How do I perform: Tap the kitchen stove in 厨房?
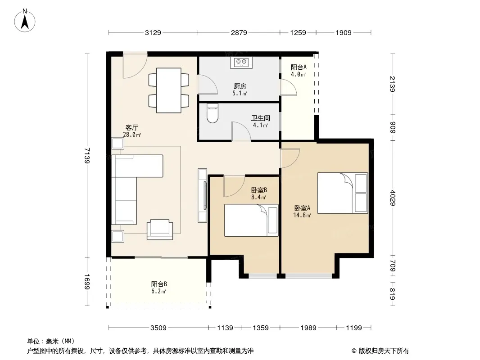pos(241,62)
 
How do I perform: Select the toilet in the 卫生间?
pos(212,114)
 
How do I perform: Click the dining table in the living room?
pos(169,90)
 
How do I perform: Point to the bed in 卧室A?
pos(342,193)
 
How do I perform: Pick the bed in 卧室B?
pos(251,220)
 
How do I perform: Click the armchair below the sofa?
pos(160,229)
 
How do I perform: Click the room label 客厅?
pos(131,127)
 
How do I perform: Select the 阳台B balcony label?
pos(159,284)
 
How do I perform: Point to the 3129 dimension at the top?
pos(153,32)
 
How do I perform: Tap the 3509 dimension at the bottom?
pos(158,328)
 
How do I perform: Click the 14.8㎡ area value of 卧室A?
pos(302,215)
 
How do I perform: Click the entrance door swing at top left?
pos(135,67)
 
